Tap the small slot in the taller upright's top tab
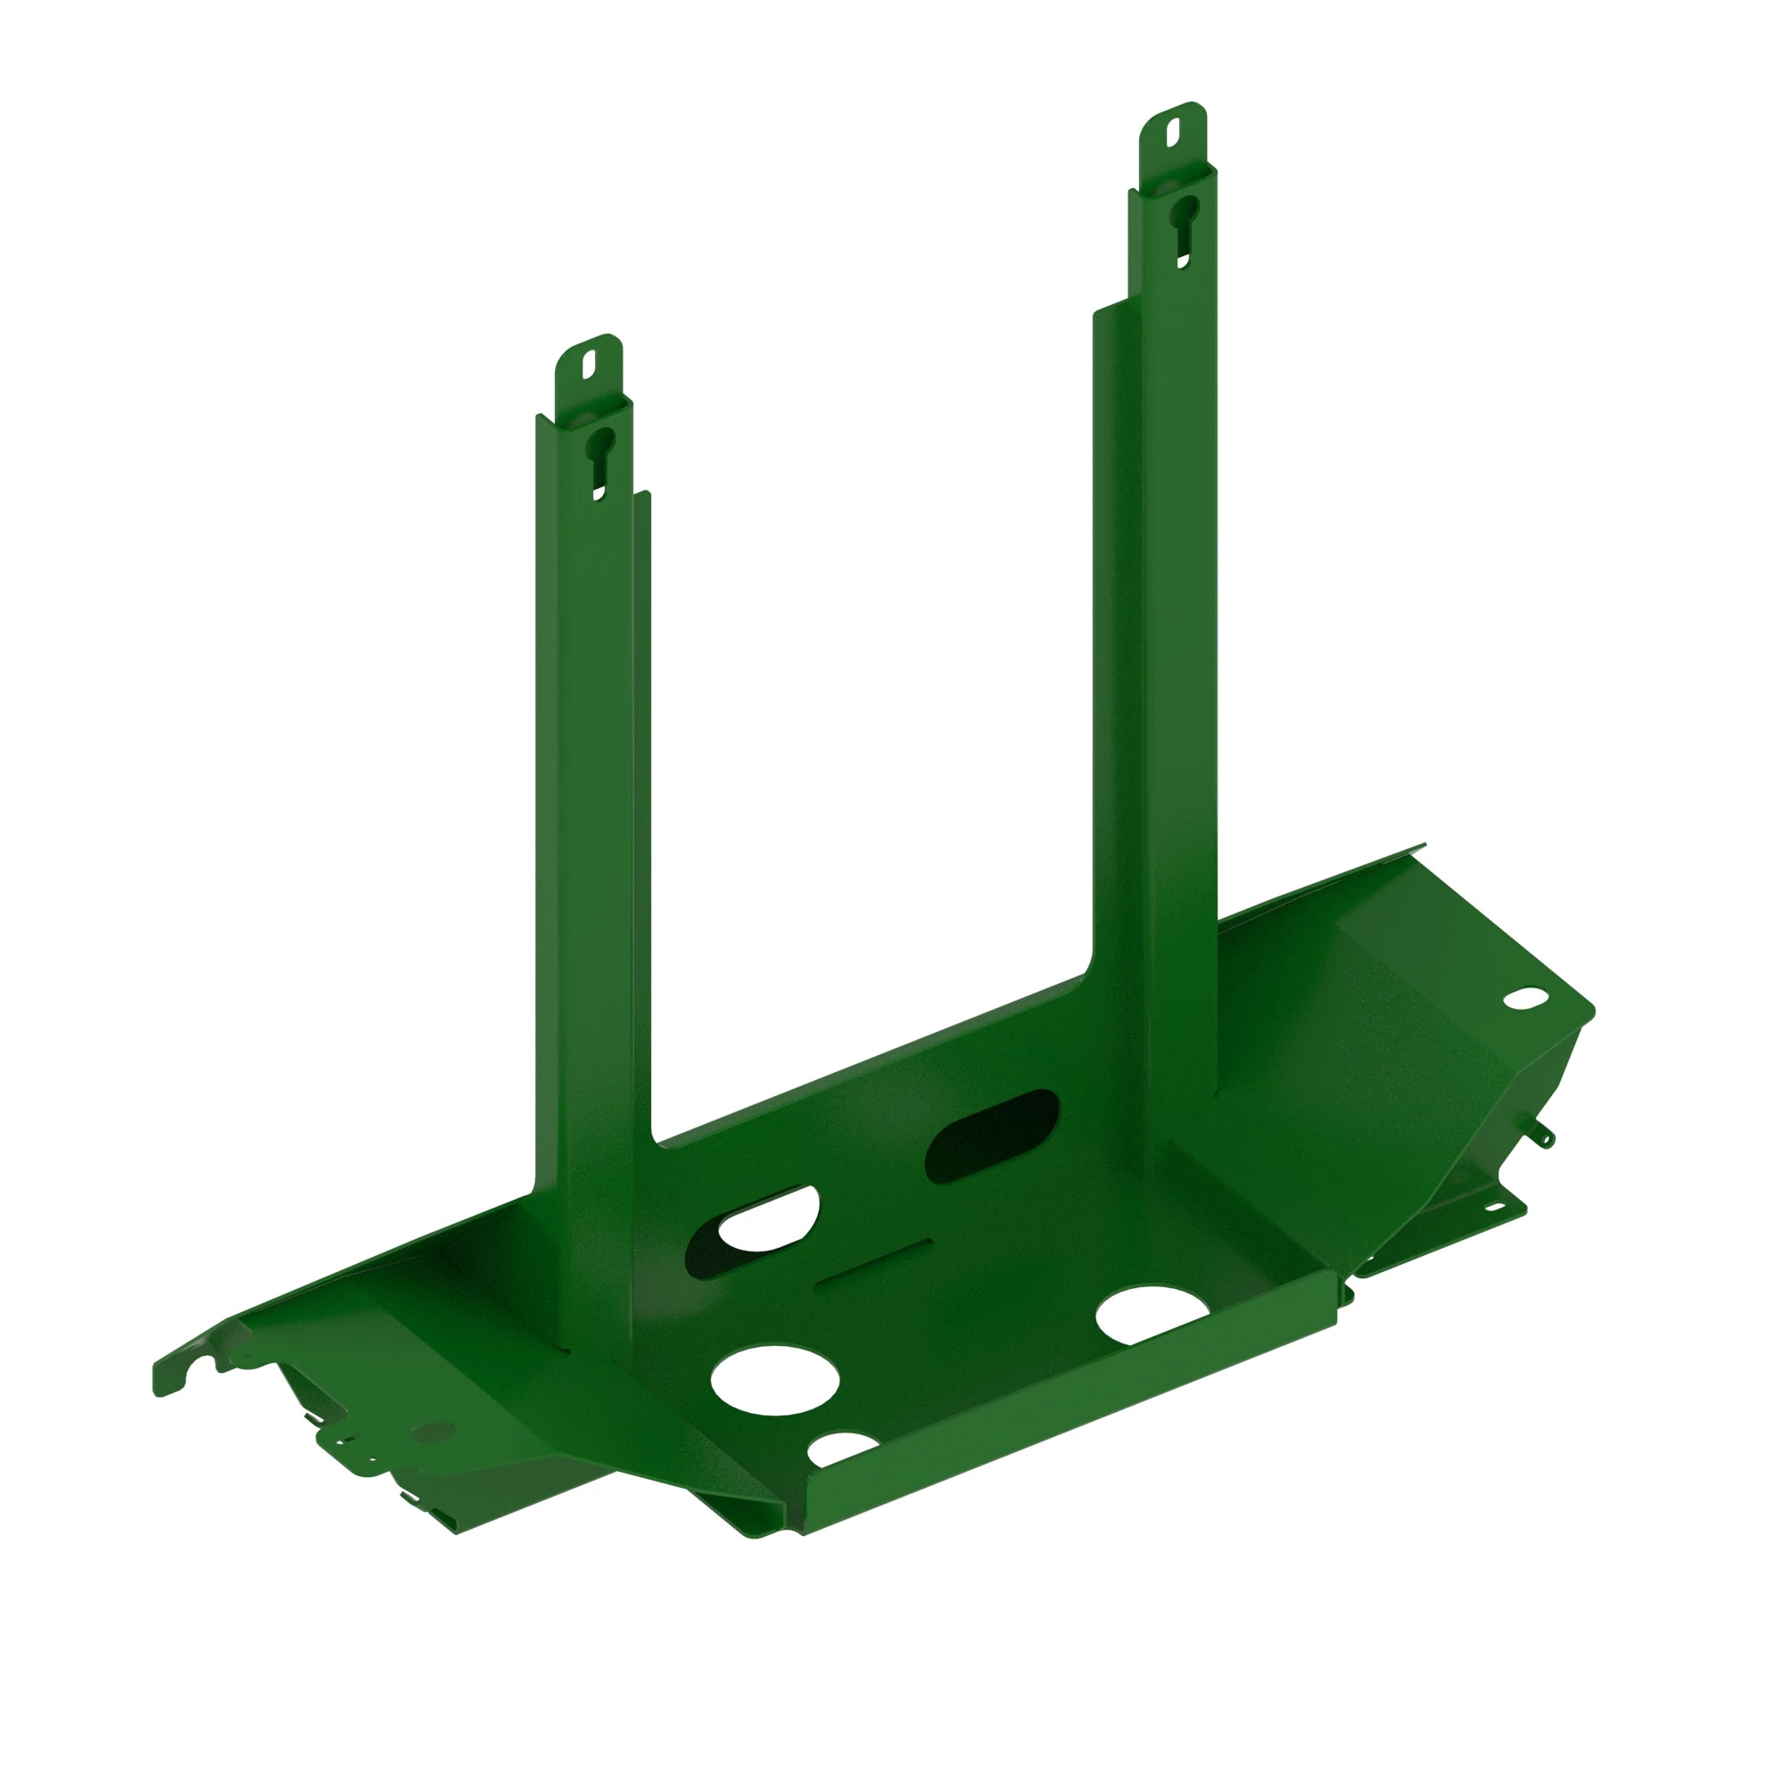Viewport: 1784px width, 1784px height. (x=1173, y=134)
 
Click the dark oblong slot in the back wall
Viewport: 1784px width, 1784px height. (x=992, y=1136)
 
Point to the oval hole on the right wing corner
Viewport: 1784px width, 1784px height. (x=1524, y=998)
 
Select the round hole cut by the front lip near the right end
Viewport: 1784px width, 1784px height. (x=1150, y=1314)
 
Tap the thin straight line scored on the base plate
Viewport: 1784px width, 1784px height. (x=872, y=1262)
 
